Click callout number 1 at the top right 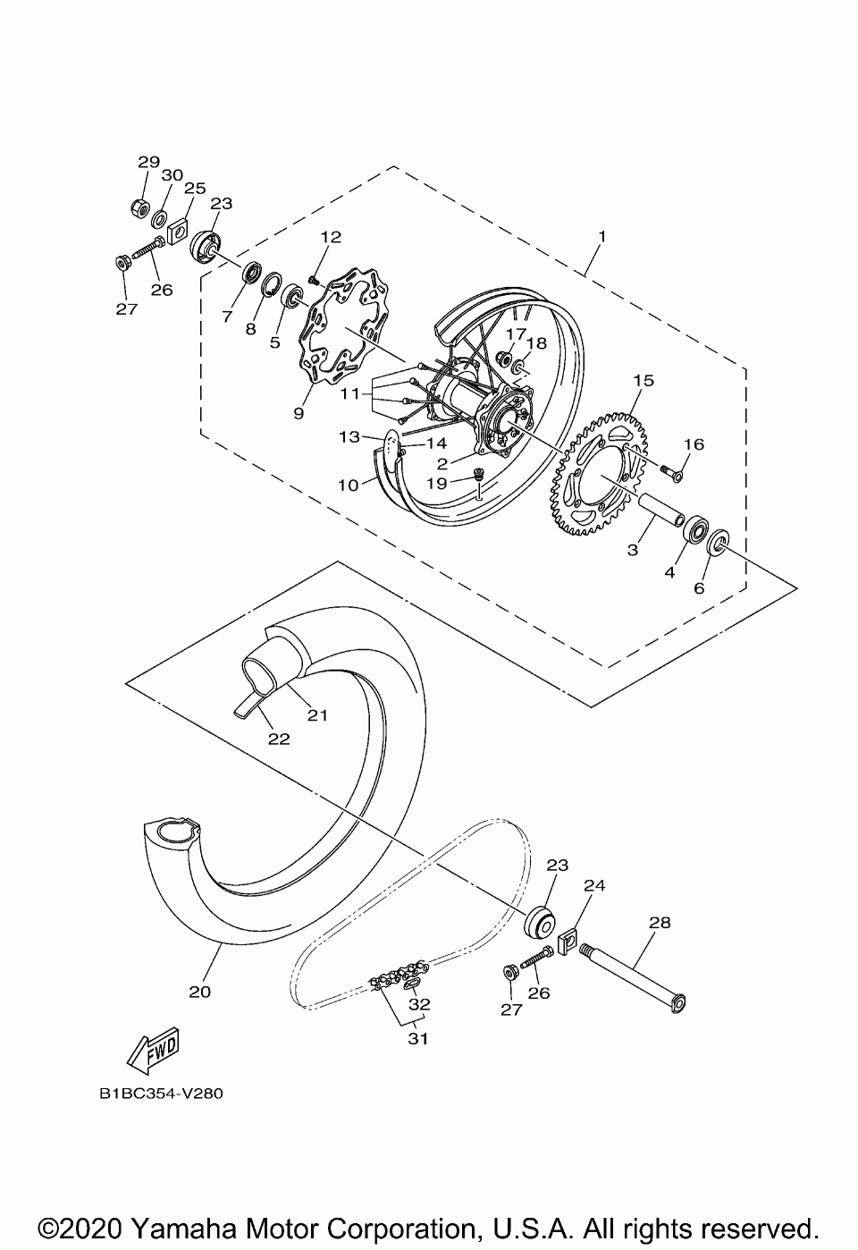(x=602, y=237)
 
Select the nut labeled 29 (x=139, y=208)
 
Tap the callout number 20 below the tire (x=199, y=992)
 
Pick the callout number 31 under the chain (x=418, y=1039)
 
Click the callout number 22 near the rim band (x=279, y=739)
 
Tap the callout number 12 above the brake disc (x=331, y=237)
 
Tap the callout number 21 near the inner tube (x=318, y=715)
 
